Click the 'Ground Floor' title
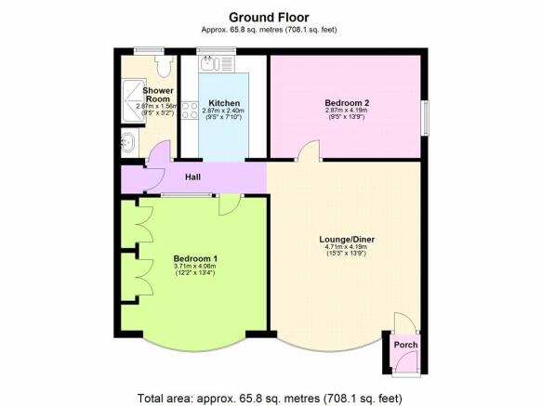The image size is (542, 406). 271,17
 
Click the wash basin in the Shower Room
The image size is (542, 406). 128,145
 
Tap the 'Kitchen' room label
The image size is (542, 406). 224,103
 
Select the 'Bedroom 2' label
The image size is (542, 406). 346,101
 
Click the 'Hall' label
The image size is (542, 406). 192,177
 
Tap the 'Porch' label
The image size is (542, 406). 404,345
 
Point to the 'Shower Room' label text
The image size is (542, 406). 158,96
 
